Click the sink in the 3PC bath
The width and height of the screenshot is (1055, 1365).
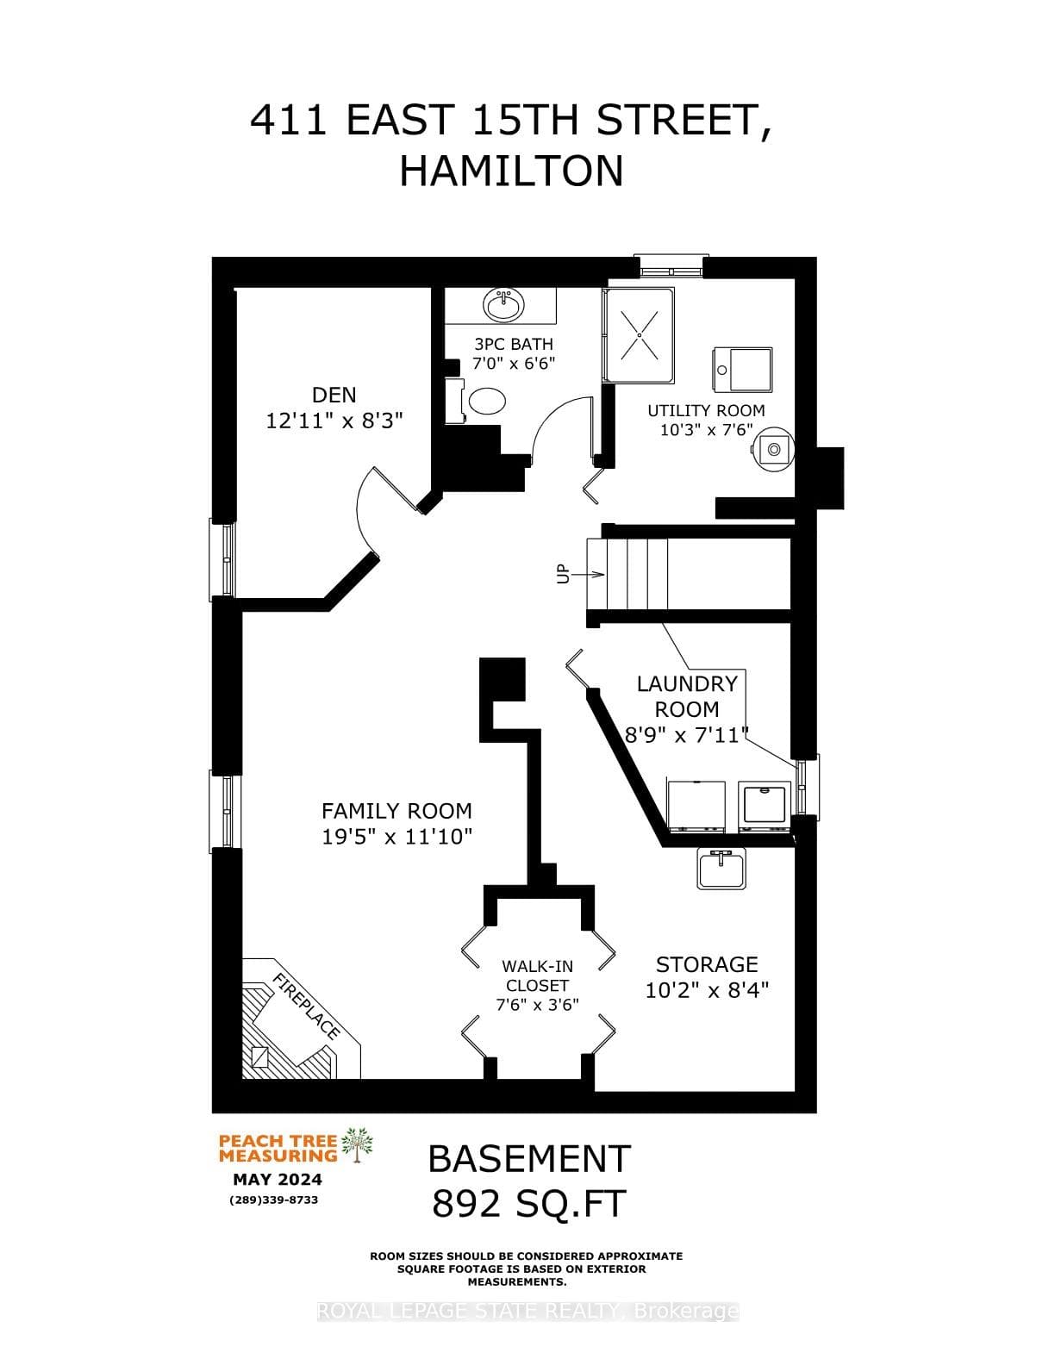pyautogui.click(x=503, y=306)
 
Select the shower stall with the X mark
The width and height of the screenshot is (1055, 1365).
pyautogui.click(x=639, y=335)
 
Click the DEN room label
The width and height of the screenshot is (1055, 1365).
pyautogui.click(x=334, y=396)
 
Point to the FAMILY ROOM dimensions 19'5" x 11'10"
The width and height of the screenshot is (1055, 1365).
pyautogui.click(x=396, y=837)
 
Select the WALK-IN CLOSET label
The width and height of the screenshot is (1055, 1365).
pyautogui.click(x=537, y=975)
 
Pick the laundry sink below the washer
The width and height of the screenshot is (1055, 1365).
pyautogui.click(x=722, y=868)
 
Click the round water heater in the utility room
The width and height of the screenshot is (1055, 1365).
pyautogui.click(x=774, y=448)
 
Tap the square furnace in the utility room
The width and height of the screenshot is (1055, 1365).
pyautogui.click(x=742, y=370)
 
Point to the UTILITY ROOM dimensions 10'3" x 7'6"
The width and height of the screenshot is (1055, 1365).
pyautogui.click(x=707, y=430)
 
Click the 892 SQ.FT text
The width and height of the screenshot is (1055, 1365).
pyautogui.click(x=529, y=1204)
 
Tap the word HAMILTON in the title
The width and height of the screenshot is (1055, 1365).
pyautogui.click(x=511, y=171)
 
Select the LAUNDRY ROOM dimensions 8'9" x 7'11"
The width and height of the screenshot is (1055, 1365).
pyautogui.click(x=687, y=734)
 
